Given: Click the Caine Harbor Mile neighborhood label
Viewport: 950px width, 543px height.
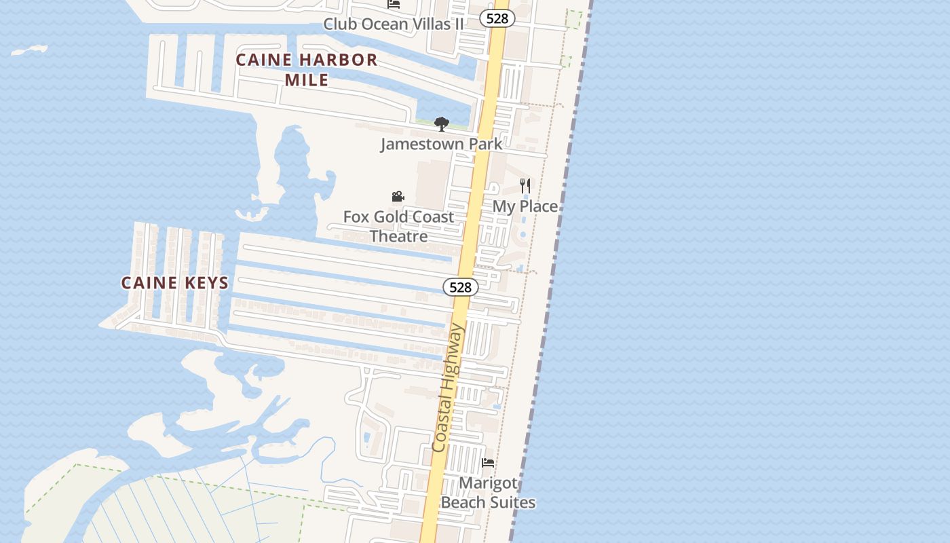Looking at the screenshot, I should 306,69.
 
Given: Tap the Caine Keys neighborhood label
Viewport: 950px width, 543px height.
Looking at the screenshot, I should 175,282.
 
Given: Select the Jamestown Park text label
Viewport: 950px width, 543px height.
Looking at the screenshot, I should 441,144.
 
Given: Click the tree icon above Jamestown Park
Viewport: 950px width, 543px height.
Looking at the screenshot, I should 442,124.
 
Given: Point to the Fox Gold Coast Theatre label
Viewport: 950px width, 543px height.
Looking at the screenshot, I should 398,226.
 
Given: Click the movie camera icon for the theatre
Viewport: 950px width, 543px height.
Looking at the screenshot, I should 398,197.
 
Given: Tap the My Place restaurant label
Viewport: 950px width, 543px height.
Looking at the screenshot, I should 525,206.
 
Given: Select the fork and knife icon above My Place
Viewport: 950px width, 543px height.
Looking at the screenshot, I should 525,185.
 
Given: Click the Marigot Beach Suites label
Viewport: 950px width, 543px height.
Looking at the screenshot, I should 488,493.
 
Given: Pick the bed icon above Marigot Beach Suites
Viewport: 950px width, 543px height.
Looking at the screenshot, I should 488,463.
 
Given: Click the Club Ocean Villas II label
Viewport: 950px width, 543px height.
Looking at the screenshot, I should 394,24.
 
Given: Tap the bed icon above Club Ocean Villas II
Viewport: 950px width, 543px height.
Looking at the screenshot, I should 394,4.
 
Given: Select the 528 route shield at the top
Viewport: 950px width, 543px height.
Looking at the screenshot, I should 497,18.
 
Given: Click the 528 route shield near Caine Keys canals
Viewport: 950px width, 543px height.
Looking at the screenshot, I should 460,287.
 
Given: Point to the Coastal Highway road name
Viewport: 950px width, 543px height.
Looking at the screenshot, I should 449,388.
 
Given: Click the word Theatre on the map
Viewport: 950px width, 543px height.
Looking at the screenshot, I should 398,236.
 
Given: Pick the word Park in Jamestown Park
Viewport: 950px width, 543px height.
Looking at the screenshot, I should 484,144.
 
